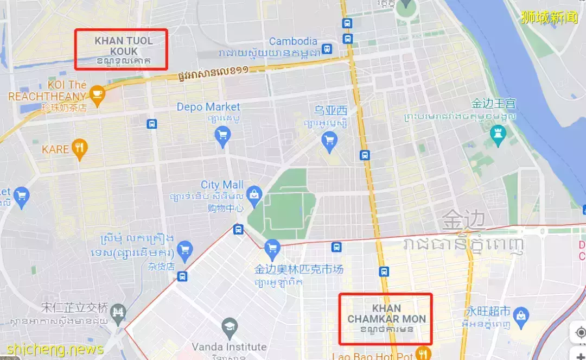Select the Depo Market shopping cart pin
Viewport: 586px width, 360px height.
pos(222,135)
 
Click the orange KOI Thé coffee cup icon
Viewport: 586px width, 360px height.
pos(97,93)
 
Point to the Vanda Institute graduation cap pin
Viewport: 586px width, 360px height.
pos(230,327)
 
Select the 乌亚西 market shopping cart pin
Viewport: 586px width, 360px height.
pos(329,141)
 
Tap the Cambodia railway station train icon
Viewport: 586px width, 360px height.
pos(327,48)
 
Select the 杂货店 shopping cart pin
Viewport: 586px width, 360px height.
pos(185,248)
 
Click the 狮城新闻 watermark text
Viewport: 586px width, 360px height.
pos(549,17)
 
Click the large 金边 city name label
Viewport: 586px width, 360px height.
pos(463,220)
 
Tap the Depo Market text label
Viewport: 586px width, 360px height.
pos(208,107)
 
